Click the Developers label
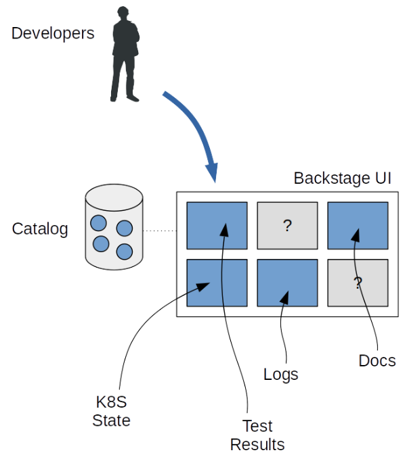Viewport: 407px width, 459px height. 53,33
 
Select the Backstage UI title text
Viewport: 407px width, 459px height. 342,178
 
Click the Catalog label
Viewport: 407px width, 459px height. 40,229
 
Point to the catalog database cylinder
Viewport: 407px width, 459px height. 114,226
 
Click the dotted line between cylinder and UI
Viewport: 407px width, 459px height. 160,231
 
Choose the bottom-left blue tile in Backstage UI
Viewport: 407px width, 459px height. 217,283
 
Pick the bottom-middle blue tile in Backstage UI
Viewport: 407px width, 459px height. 287,283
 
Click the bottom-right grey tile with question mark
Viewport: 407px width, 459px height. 358,283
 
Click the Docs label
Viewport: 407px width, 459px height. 377,361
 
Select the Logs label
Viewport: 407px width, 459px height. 280,374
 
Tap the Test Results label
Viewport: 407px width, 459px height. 257,435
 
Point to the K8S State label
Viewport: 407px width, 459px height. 111,411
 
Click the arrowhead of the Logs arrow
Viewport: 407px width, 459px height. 287,297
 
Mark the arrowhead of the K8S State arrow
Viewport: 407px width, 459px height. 202,287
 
